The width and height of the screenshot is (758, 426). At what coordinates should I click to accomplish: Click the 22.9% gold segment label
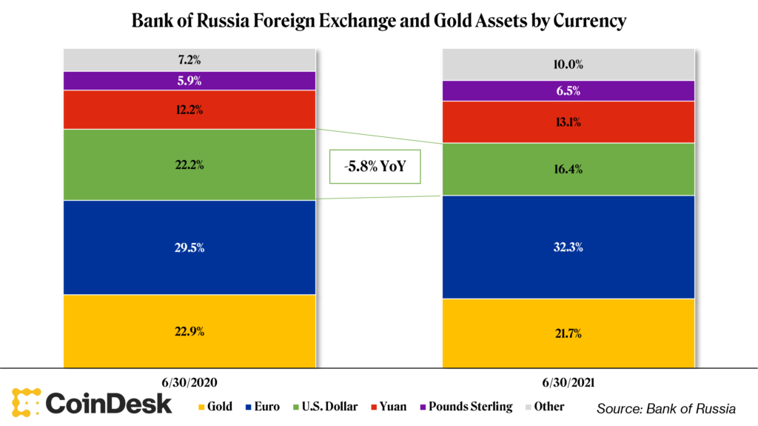[189, 332]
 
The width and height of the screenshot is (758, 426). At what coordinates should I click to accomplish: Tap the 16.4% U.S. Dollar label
[568, 170]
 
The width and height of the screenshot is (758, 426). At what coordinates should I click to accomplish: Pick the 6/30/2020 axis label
[189, 383]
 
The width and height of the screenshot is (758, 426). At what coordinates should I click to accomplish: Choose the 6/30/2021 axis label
[568, 383]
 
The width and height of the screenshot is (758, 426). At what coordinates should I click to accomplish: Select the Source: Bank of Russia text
[665, 408]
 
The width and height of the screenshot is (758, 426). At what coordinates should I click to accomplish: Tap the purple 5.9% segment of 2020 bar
[189, 81]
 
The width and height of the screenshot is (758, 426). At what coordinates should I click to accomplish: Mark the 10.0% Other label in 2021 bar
[568, 64]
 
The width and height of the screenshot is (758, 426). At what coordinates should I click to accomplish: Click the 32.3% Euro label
[568, 247]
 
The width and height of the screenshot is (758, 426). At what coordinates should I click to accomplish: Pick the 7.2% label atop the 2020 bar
[189, 59]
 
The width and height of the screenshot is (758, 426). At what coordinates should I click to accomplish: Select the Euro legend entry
[262, 407]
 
